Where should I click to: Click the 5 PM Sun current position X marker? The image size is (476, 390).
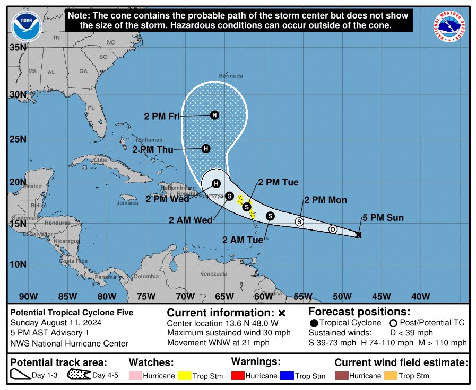click(x=358, y=234)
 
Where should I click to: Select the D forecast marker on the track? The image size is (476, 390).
click(x=333, y=229)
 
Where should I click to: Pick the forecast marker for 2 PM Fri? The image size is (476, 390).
click(x=214, y=115)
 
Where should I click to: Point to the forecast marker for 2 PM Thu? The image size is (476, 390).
click(x=206, y=149)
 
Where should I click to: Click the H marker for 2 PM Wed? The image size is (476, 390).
click(x=216, y=184)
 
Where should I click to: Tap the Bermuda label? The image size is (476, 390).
click(x=231, y=76)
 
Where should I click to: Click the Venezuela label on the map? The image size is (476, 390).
click(x=213, y=274)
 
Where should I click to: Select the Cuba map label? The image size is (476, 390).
click(x=101, y=159)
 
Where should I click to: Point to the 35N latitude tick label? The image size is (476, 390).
click(x=18, y=47)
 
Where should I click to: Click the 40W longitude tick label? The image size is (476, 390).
click(x=420, y=296)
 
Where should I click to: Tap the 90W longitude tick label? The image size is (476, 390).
click(x=28, y=296)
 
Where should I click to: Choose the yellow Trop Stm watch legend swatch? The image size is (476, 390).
click(x=184, y=376)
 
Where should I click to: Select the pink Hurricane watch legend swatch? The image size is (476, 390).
click(x=135, y=376)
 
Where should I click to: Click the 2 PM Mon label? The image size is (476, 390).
click(x=325, y=200)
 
